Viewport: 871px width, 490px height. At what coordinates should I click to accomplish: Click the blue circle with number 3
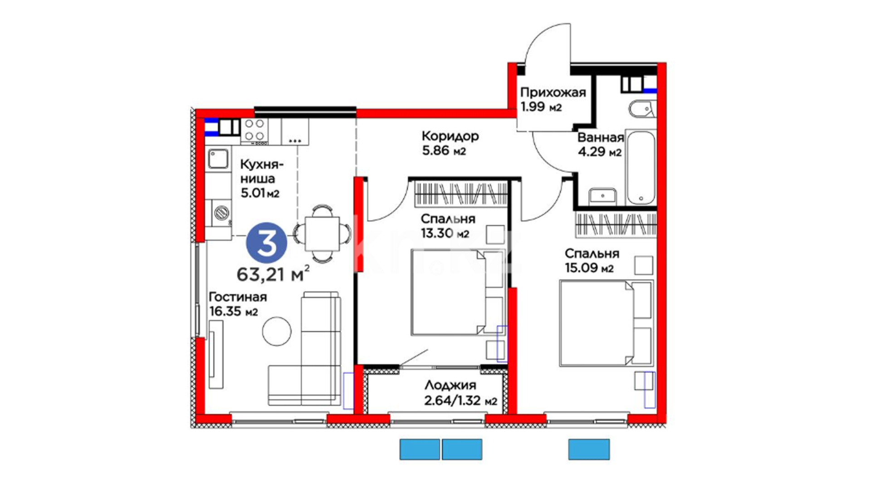pos(266,243)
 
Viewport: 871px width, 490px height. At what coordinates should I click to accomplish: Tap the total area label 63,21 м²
pos(274,274)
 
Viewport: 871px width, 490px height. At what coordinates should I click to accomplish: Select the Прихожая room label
pos(553,93)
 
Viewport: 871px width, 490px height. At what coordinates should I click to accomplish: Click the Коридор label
pos(450,136)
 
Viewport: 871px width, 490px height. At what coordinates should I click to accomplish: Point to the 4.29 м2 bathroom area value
pos(599,152)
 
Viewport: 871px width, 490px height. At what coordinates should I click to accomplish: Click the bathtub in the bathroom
pos(641,167)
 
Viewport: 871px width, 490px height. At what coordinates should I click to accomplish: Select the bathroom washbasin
pos(603,196)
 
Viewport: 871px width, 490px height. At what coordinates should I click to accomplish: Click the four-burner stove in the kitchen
pos(254,130)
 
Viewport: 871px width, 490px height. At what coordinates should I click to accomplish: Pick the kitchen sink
pos(219,159)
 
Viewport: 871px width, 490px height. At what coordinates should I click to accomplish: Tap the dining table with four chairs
pos(322,234)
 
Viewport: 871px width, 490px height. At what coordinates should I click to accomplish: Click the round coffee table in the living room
pos(277,331)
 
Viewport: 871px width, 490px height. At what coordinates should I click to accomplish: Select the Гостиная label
pos(238,297)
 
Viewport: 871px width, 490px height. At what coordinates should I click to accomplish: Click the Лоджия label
pos(450,386)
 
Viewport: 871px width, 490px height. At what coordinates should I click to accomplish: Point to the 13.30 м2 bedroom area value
pos(445,234)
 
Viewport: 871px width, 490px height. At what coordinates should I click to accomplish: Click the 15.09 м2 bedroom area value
pos(589,268)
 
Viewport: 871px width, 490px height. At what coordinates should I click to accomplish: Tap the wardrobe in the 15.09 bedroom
pos(616,224)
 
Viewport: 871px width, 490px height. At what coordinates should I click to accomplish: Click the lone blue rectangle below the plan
pos(589,449)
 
